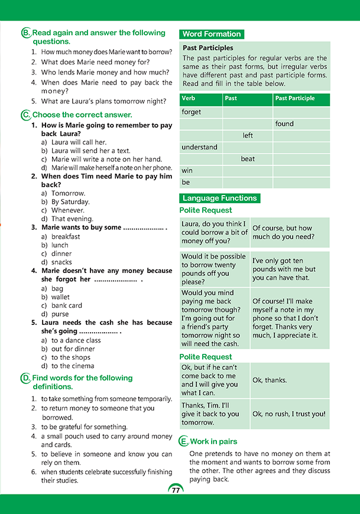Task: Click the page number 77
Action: click(176, 490)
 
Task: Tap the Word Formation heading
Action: click(211, 34)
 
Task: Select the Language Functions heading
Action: click(219, 199)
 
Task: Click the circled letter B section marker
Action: click(25, 33)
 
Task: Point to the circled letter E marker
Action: click(183, 441)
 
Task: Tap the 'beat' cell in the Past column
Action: click(248, 159)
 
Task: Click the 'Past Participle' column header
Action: click(295, 99)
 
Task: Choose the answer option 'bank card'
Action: click(67, 305)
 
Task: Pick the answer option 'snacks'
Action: click(61, 262)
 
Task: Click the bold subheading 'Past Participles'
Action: click(207, 48)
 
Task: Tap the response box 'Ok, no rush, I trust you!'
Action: click(289, 414)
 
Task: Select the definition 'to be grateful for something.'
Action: click(85, 427)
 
